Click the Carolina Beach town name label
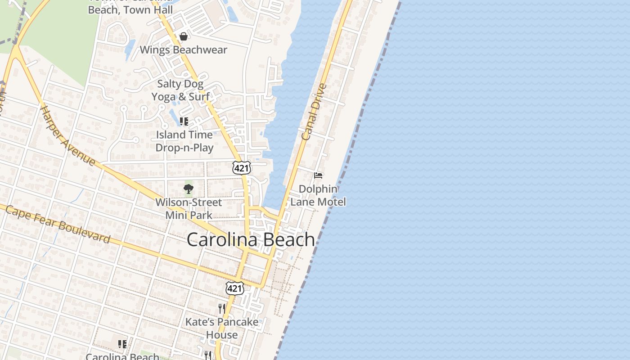[x=251, y=239]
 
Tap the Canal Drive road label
[x=313, y=112]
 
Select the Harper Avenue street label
[x=67, y=135]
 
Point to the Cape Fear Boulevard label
[x=58, y=224]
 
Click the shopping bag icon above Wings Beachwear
[x=183, y=36]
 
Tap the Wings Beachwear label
[x=183, y=49]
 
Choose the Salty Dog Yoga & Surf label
[x=180, y=90]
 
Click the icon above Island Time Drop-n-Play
[x=184, y=121]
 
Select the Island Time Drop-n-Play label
[x=184, y=141]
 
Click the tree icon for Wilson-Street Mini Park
[x=189, y=189]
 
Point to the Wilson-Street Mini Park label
[x=189, y=209]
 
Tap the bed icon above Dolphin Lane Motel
[x=318, y=175]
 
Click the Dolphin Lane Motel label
[x=318, y=195]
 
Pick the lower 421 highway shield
[x=235, y=288]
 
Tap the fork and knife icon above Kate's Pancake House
[x=221, y=308]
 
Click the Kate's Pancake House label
[x=222, y=328]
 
